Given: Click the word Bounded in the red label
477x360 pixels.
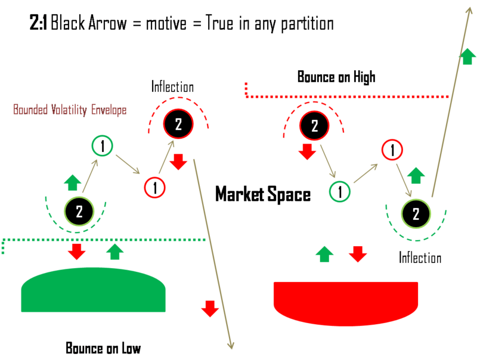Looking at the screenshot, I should click(x=30, y=110).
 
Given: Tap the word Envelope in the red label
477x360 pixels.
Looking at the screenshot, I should click(x=107, y=110).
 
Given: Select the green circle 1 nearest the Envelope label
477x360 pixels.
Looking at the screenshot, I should click(x=102, y=146).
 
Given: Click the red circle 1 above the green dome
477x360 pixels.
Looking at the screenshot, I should click(x=154, y=187).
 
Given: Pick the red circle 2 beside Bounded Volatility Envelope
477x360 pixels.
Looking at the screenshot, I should click(x=178, y=124).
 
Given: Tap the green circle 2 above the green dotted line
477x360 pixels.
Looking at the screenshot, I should click(x=79, y=211).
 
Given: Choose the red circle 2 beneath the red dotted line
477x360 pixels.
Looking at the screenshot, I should click(x=314, y=125).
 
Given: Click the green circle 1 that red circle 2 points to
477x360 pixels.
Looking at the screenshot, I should click(x=339, y=191).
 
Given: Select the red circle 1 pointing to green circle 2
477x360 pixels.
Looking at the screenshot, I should click(x=392, y=150).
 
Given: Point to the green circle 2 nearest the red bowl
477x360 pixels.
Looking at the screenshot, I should click(x=416, y=213).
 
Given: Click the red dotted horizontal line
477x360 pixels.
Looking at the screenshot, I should click(x=346, y=96).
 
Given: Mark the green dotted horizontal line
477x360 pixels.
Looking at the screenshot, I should click(x=107, y=240).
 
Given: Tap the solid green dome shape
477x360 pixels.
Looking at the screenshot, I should click(x=93, y=292).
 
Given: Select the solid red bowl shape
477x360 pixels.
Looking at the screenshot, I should click(x=346, y=301).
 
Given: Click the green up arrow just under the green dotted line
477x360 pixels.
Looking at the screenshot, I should click(x=114, y=252).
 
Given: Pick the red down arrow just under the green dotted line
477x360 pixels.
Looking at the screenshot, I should click(x=76, y=252).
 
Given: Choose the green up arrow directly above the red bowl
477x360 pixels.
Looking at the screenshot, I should click(x=324, y=254).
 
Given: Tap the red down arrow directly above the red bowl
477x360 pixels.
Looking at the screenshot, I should click(x=358, y=254).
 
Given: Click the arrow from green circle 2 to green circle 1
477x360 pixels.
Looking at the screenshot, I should click(x=89, y=176).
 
